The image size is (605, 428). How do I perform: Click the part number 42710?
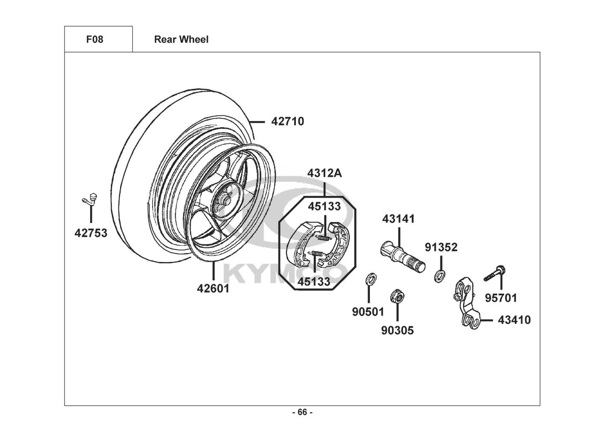288,122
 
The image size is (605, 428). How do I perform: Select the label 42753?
91,233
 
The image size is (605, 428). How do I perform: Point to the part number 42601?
213,289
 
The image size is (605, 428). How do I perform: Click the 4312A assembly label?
325,173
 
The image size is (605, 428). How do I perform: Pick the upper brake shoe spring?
323,238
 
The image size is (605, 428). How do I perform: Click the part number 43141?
398,219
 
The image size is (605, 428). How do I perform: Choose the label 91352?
441,247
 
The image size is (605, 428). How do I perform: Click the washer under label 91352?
440,276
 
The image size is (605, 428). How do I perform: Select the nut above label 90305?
397,296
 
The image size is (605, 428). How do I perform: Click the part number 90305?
397,331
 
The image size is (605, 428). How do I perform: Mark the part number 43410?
514,320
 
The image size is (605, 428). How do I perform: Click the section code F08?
94,39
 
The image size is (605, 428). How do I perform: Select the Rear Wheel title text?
181,39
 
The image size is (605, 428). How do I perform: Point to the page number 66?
303,412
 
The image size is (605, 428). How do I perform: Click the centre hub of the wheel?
226,201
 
